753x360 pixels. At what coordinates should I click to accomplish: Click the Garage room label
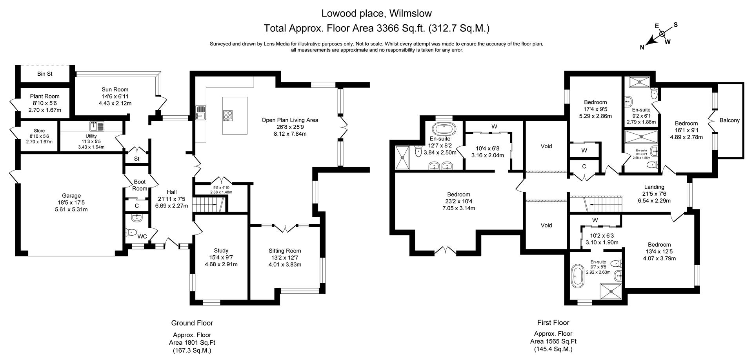click(71, 196)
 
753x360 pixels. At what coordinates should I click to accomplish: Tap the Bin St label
click(45, 74)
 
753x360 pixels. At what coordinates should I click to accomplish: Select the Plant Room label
click(45, 96)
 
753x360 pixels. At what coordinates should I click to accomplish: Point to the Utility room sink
click(97, 126)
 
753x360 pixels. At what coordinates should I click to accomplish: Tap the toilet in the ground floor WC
click(130, 232)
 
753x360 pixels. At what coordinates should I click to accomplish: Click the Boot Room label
click(140, 185)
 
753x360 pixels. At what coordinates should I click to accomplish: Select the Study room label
click(221, 251)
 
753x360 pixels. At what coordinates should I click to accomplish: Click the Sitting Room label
click(285, 251)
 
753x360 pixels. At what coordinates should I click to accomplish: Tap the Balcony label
click(729, 120)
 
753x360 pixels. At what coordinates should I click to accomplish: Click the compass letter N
click(642, 48)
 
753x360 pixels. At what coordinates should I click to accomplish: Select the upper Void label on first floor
click(546, 146)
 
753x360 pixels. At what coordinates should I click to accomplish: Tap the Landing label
click(654, 187)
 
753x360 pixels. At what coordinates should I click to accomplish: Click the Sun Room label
click(115, 89)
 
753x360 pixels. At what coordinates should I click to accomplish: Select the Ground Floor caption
click(192, 323)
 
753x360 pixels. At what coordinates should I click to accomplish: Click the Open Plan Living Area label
click(290, 120)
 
